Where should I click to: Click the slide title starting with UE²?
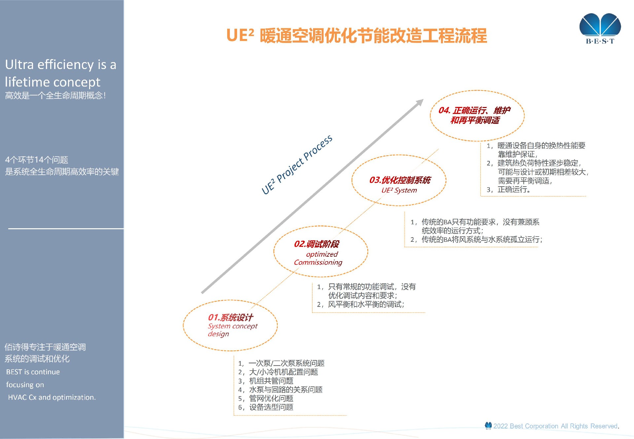(x=357, y=36)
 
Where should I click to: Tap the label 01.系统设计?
(x=230, y=317)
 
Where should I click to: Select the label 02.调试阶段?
(x=316, y=244)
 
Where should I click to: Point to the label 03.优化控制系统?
(x=400, y=180)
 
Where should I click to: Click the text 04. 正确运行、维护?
(x=474, y=110)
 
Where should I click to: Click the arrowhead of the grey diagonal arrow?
(x=420, y=102)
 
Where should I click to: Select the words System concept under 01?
(x=232, y=326)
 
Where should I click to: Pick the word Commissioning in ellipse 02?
(x=318, y=262)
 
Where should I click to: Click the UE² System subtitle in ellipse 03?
(x=399, y=190)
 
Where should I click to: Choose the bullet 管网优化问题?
(x=271, y=398)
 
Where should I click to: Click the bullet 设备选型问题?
(x=271, y=407)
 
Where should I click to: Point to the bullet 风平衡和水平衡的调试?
(x=366, y=304)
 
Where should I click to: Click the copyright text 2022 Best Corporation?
(x=555, y=426)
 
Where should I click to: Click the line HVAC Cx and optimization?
(x=52, y=397)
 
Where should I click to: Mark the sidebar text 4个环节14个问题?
(x=37, y=160)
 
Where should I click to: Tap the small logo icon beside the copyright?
(x=488, y=426)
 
